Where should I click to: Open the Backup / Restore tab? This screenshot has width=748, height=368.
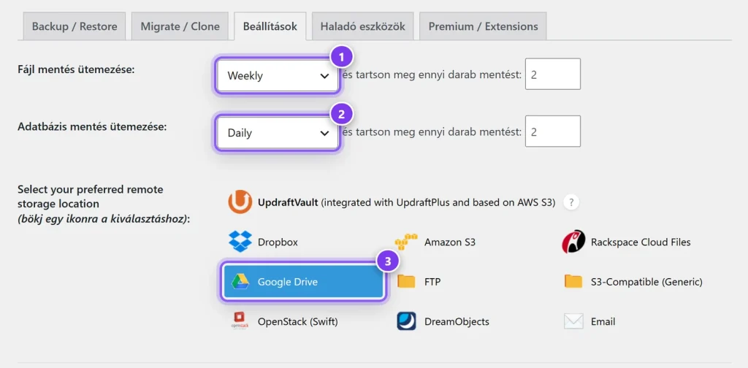pyautogui.click(x=74, y=26)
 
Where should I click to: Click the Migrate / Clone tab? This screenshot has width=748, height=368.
pyautogui.click(x=180, y=26)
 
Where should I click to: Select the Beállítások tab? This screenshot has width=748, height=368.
pyautogui.click(x=270, y=26)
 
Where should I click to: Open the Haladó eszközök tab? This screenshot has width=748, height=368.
pyautogui.click(x=363, y=26)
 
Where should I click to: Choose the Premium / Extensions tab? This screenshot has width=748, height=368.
pyautogui.click(x=483, y=26)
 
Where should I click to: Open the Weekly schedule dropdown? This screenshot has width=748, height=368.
pyautogui.click(x=277, y=75)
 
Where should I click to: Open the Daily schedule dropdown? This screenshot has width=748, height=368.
pyautogui.click(x=277, y=132)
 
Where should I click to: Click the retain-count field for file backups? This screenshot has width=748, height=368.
pyautogui.click(x=553, y=74)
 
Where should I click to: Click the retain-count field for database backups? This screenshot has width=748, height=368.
pyautogui.click(x=553, y=131)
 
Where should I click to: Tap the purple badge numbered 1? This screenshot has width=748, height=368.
pyautogui.click(x=340, y=58)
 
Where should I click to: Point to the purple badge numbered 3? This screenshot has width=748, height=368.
pyautogui.click(x=388, y=261)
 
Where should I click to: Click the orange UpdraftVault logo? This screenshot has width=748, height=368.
pyautogui.click(x=240, y=202)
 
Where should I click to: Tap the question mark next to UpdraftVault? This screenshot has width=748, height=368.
pyautogui.click(x=571, y=202)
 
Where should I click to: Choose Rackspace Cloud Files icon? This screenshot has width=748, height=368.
pyautogui.click(x=573, y=242)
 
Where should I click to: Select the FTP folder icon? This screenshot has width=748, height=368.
pyautogui.click(x=406, y=282)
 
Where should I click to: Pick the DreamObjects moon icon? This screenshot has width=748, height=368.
pyautogui.click(x=406, y=321)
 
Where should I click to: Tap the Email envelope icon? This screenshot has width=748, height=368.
pyautogui.click(x=573, y=321)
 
